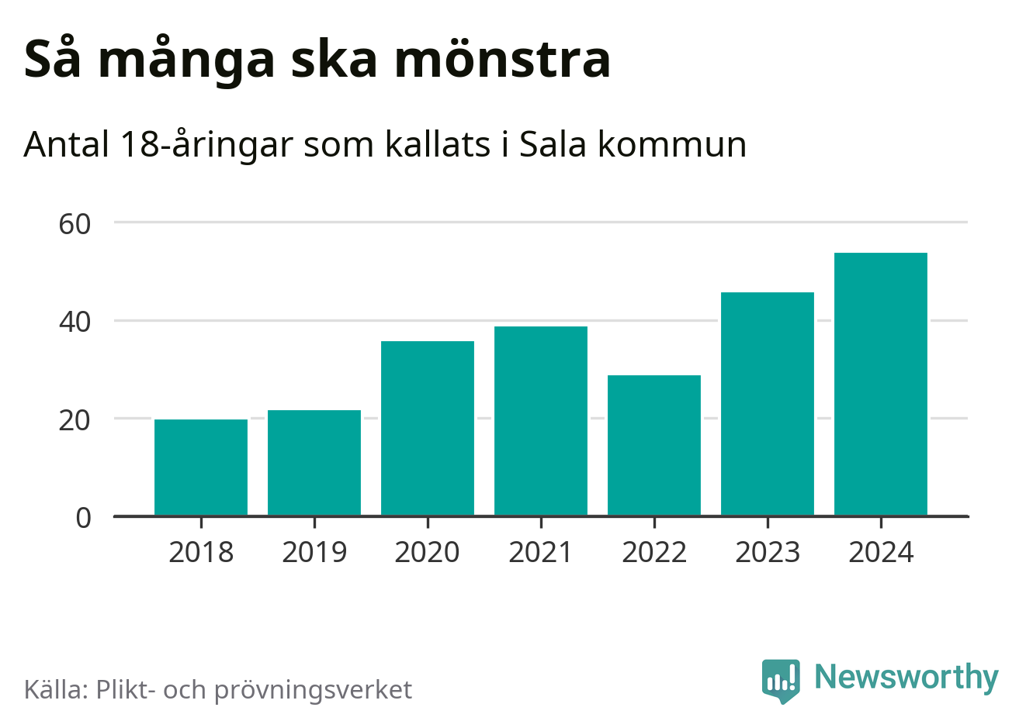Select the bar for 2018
coord(201,468)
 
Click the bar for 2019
coord(314,463)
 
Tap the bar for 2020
coord(428,428)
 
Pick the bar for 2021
coord(541,421)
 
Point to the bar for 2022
coord(654,445)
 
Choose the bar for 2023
coord(768,404)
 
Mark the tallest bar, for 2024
coord(881,384)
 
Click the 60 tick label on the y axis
coord(75,224)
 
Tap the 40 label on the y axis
coord(75,322)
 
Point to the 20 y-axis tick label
coord(75,420)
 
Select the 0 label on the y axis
coord(83,518)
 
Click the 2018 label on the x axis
coord(201,553)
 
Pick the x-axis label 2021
coord(541,553)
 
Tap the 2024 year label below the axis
coord(881,553)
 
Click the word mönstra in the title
coord(503,59)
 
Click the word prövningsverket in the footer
coord(313,690)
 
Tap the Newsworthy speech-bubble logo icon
coord(780,680)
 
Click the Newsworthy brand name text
coord(906,678)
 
